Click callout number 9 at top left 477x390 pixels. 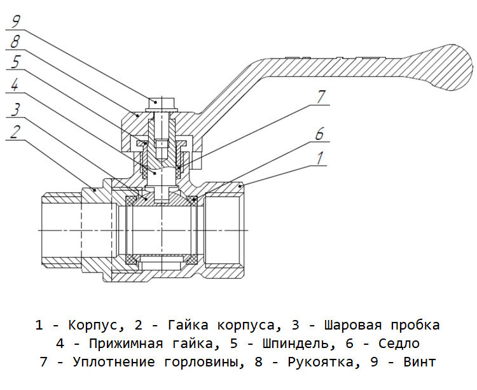(x=15, y=21)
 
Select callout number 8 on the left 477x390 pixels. (x=15, y=41)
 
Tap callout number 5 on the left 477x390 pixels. (x=15, y=62)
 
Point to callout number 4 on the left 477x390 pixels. (x=15, y=83)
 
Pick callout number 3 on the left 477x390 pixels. (x=15, y=109)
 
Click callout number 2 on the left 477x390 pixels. (x=15, y=132)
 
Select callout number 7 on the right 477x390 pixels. (x=321, y=97)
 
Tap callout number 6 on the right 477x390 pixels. (x=319, y=133)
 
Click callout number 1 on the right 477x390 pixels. (x=320, y=158)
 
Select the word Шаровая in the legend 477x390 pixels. (x=352, y=325)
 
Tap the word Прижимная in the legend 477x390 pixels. (x=126, y=344)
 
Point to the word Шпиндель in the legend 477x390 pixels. (x=296, y=344)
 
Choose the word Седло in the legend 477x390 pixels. (x=399, y=344)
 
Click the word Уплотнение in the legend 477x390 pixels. (x=114, y=362)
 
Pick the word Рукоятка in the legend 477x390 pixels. (x=321, y=362)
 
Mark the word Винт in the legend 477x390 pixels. (x=420, y=362)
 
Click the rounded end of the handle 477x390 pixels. (x=456, y=67)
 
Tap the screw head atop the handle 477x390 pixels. (x=162, y=104)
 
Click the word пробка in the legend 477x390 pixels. (x=415, y=325)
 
